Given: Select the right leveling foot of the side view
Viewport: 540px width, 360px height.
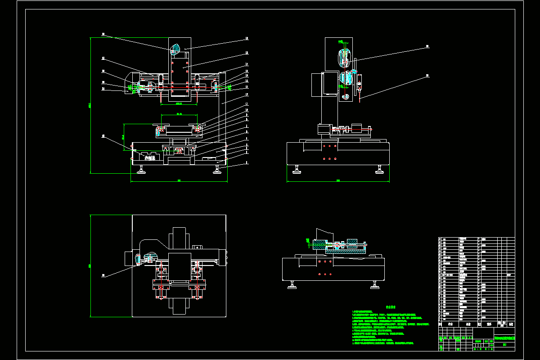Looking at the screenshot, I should (380, 170).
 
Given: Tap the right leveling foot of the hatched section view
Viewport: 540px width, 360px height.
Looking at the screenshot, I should (374, 285).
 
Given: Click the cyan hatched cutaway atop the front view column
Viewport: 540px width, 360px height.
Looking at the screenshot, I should (175, 49).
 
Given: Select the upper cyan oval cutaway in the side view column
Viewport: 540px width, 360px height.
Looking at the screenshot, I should (345, 58).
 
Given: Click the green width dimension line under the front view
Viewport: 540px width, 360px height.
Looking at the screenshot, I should (179, 182).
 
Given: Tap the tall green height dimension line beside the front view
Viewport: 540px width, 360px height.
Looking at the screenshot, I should (91, 105).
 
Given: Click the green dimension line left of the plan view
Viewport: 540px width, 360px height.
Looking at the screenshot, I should (91, 265).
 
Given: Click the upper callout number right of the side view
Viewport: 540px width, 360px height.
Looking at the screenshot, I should (427, 46).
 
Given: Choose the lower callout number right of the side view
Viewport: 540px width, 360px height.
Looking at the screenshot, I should (427, 76).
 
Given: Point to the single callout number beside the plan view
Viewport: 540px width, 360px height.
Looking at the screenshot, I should (103, 276).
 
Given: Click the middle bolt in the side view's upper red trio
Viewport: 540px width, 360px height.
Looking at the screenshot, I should (330, 146).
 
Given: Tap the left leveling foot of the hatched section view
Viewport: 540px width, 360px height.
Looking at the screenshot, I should (293, 285).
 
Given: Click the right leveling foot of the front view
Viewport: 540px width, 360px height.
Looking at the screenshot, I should (218, 170).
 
